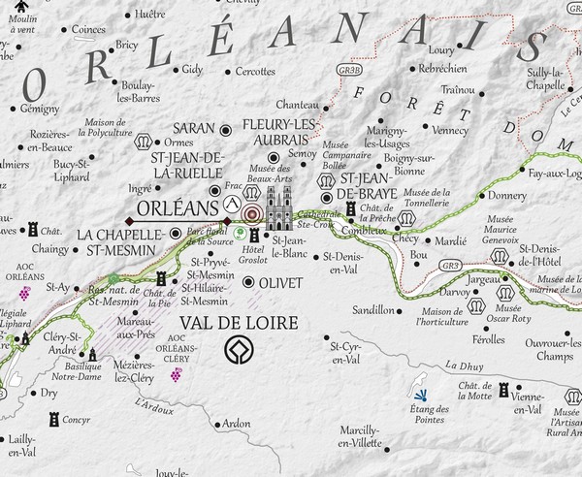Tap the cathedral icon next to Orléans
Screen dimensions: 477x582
click(279, 207)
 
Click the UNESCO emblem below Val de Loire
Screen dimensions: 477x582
click(237, 351)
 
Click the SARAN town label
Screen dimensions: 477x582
click(193, 128)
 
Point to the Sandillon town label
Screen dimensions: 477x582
click(373, 311)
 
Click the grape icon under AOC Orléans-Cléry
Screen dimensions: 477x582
click(177, 376)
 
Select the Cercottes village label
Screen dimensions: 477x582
click(255, 71)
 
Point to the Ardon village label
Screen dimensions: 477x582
click(236, 424)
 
